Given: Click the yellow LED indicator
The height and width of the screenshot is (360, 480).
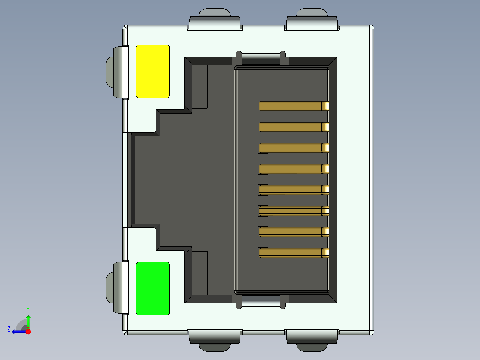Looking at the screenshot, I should click(152, 71).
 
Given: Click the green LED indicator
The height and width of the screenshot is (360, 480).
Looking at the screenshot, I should click(152, 288).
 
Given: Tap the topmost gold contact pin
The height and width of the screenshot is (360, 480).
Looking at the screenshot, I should click(293, 106).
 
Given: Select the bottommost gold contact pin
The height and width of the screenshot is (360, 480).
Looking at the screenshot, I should click(293, 253).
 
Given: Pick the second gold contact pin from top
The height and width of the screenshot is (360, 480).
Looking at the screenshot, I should click(293, 127).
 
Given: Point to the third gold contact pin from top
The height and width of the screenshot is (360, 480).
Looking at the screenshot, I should click(293, 148).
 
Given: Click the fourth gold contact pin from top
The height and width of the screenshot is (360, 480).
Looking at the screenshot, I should click(293, 169).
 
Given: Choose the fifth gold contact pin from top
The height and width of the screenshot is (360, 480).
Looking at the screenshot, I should click(293, 190).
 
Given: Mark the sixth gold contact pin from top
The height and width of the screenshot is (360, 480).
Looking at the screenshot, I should click(293, 211).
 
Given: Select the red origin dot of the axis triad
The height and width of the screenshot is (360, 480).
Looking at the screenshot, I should click(28, 331).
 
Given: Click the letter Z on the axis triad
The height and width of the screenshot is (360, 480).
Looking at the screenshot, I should click(9, 329).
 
